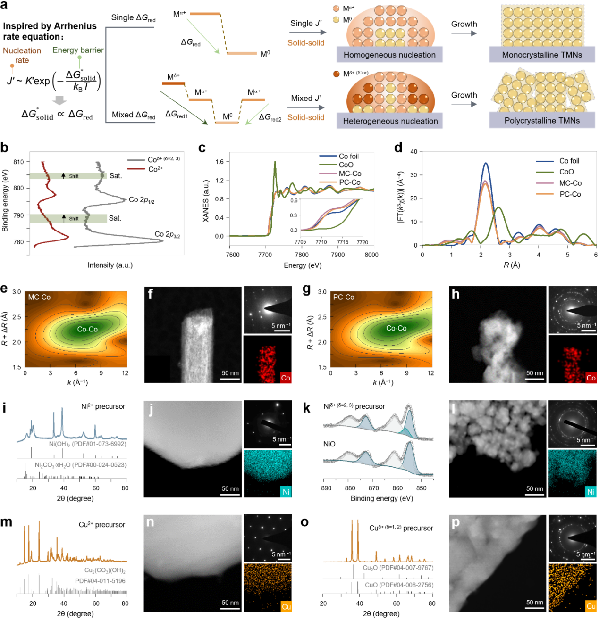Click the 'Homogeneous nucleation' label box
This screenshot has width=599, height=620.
coord(389,55)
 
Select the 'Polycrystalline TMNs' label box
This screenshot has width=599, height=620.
coord(542,120)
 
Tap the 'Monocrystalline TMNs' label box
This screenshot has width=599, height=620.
coord(542,55)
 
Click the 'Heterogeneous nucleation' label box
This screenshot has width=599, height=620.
coord(390,121)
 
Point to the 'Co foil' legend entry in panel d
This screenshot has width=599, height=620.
coord(569,161)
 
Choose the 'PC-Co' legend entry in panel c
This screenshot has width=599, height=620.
coord(349,182)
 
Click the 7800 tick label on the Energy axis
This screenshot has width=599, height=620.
coord(302,255)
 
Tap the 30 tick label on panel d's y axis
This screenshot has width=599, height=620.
coord(413,175)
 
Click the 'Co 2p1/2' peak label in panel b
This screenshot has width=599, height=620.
coord(142,200)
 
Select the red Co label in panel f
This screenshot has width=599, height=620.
coord(286,378)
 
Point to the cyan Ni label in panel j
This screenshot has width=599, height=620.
coord(286,492)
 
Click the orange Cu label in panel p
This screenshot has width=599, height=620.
coord(591,606)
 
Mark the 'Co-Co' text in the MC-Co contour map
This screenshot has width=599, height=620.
coord(87,329)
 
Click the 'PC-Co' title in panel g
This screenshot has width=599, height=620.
coord(344,297)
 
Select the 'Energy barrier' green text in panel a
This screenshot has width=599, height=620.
coord(78,50)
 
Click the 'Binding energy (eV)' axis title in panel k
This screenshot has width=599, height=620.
coord(382,498)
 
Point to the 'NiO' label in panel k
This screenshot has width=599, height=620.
coord(329,444)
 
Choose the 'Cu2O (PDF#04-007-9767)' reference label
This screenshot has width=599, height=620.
coord(398,568)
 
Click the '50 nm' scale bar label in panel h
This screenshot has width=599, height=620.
coord(535,373)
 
